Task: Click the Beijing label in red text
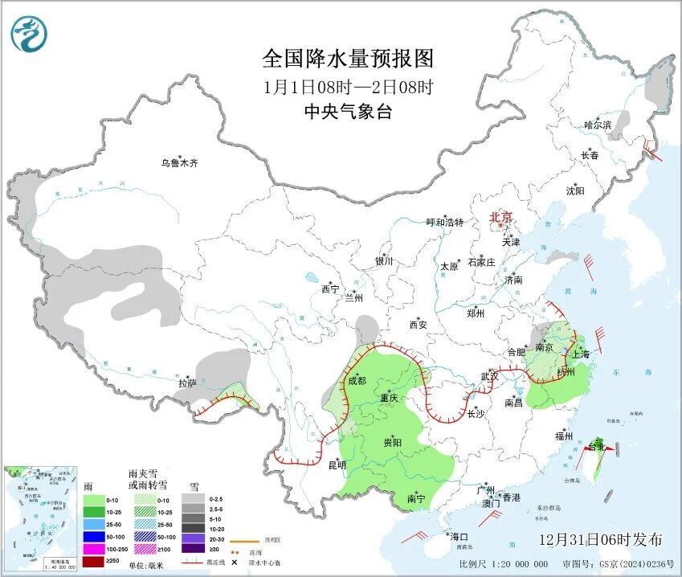click(x=501, y=217)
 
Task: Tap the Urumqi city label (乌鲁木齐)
click(x=178, y=163)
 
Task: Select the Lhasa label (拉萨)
click(x=187, y=384)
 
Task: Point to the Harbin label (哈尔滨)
click(x=598, y=125)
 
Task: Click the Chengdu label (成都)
click(x=357, y=380)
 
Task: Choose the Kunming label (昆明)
click(x=337, y=464)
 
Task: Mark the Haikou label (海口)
click(x=459, y=536)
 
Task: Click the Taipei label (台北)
click(x=596, y=446)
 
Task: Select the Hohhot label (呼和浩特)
click(x=444, y=222)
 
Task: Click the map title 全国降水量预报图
click(x=348, y=59)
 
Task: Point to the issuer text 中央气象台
click(x=348, y=113)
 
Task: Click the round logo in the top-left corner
click(x=29, y=34)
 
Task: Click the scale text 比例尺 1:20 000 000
click(x=498, y=564)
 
